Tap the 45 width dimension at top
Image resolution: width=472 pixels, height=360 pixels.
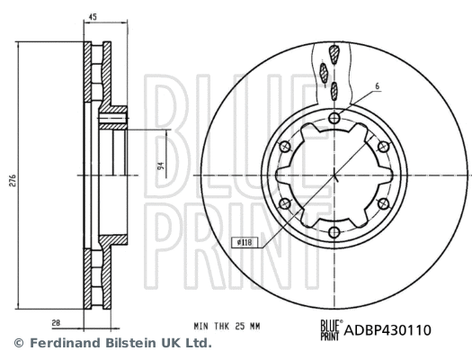pos(93,16)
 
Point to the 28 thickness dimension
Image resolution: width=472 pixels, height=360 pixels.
pos(57,320)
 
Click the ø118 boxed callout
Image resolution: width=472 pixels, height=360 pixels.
pos(243,216)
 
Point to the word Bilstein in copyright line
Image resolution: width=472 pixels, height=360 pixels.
pos(120,344)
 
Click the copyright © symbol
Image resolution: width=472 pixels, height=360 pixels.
pos(17,344)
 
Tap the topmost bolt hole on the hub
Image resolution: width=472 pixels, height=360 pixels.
pos(334,118)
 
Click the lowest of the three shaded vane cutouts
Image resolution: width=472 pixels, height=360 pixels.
pos(332,90)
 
